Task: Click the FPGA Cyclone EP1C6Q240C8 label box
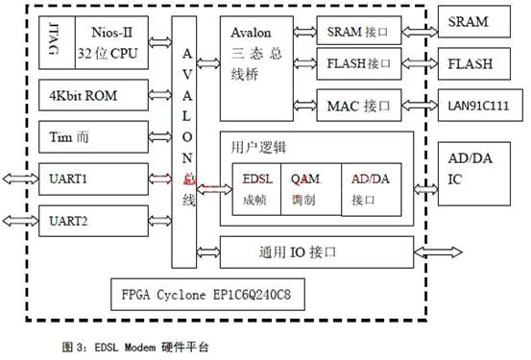click(206, 292)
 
